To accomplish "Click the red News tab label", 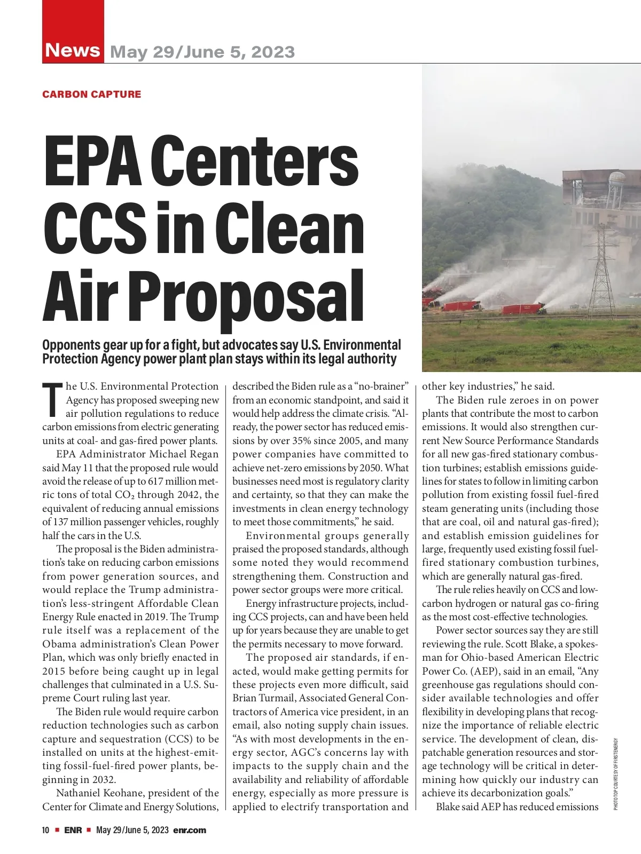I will (73, 50).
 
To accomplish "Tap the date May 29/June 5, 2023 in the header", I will (202, 52).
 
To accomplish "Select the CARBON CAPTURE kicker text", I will (92, 94).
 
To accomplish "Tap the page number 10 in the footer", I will (46, 830).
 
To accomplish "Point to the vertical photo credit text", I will (615, 774).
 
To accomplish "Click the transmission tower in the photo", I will (602, 267).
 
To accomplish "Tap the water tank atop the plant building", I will (617, 182).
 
